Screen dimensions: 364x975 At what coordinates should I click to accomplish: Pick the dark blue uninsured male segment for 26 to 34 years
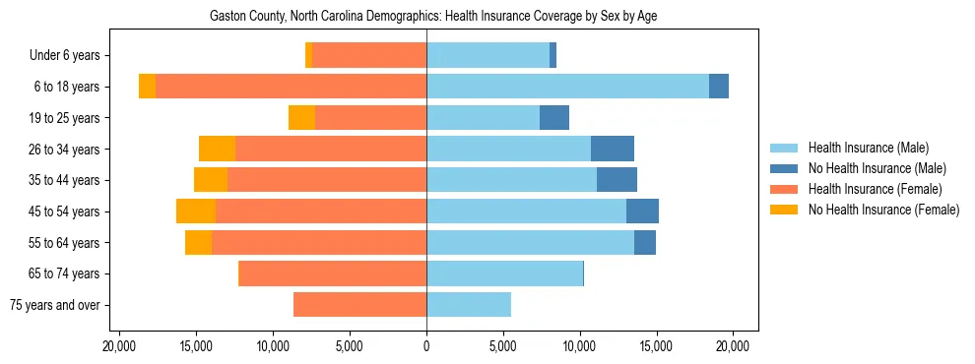613,149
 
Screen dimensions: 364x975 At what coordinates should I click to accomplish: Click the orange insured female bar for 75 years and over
359,305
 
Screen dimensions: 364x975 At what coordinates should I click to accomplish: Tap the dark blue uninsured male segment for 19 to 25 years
554,118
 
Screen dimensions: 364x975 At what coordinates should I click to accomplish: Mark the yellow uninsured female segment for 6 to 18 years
147,87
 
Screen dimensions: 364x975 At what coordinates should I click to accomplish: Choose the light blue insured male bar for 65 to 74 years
504,273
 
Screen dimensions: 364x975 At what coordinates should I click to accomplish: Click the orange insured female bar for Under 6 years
369,56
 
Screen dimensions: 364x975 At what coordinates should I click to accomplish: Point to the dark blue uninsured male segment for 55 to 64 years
645,243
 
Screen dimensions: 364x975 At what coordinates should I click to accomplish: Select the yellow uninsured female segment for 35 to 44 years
211,180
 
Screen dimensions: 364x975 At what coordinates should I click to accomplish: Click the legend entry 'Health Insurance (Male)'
868,148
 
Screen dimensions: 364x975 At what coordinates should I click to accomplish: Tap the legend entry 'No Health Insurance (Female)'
883,210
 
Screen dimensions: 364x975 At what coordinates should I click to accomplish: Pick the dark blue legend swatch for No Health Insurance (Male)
785,168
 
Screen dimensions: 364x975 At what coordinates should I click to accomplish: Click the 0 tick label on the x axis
426,346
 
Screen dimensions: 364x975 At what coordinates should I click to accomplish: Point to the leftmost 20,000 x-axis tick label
119,346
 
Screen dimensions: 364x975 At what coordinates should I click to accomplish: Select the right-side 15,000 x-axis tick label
656,346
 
